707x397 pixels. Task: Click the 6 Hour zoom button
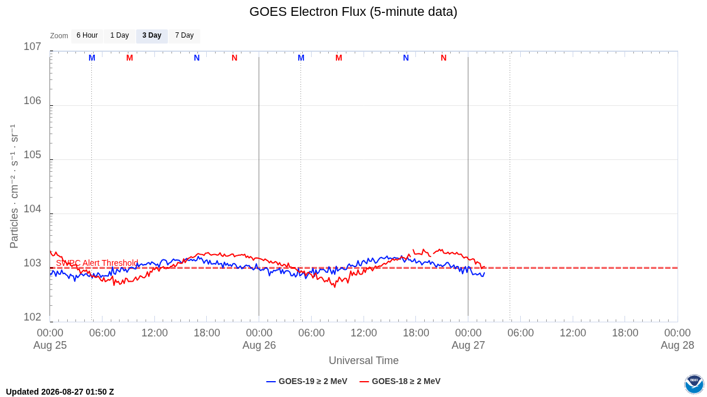click(87, 36)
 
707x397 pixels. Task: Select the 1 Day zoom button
click(120, 36)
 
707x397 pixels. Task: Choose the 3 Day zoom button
click(152, 36)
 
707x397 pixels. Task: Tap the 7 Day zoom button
click(184, 36)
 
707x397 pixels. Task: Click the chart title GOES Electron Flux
click(353, 12)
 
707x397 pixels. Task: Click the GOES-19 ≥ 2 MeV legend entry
click(307, 381)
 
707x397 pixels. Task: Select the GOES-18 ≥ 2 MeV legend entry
click(400, 381)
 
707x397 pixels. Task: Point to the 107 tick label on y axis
click(32, 46)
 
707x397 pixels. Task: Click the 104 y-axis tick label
click(32, 209)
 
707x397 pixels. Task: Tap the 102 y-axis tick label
click(32, 317)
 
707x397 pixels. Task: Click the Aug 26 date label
click(259, 345)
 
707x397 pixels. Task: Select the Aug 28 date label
click(678, 345)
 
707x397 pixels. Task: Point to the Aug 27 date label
click(468, 345)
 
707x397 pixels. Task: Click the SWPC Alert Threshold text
click(97, 263)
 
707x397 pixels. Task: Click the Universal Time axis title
click(364, 361)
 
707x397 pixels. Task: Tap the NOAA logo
click(694, 384)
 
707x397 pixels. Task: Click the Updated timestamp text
click(60, 392)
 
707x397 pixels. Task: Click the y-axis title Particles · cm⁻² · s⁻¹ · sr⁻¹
click(14, 186)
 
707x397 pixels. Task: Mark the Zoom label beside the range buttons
click(59, 36)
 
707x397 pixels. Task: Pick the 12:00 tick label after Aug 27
click(573, 333)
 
